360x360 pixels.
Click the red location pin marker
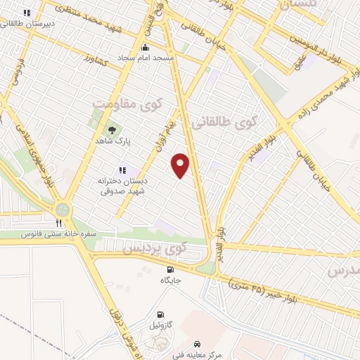tap(181, 165)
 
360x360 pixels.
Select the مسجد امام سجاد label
tap(146, 56)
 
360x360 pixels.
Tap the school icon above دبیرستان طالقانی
tap(27, 13)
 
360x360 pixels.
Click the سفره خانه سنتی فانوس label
tap(58, 233)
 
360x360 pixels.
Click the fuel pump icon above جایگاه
tap(169, 269)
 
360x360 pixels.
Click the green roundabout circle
tap(63, 210)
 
